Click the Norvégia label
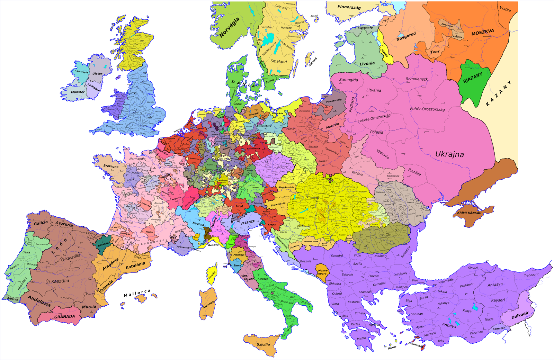click(229, 27)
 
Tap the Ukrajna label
click(449, 154)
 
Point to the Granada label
click(64, 316)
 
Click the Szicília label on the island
click(263, 344)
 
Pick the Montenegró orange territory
click(322, 272)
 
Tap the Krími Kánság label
click(469, 213)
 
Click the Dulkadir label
click(520, 315)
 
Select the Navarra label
click(103, 244)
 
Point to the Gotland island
click(310, 59)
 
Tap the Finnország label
click(349, 7)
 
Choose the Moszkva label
click(483, 32)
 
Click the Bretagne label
click(111, 166)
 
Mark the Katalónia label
click(135, 265)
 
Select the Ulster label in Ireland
click(97, 73)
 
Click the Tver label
click(435, 52)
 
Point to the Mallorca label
click(137, 293)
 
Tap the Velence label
click(248, 222)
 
